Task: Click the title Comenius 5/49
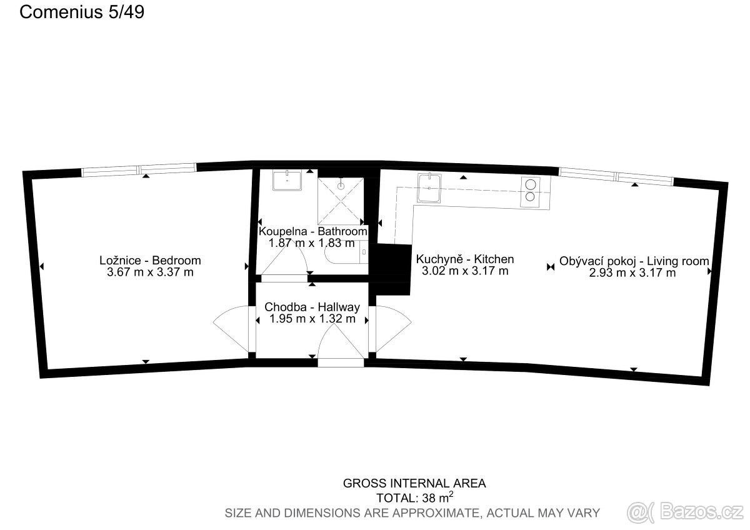pyautogui.click(x=82, y=12)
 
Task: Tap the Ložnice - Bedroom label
pyautogui.click(x=151, y=260)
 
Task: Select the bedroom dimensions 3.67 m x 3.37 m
pyautogui.click(x=151, y=272)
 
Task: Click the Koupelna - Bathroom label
pyautogui.click(x=312, y=231)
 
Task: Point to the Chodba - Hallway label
pyautogui.click(x=312, y=307)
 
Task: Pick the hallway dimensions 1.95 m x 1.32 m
pyautogui.click(x=312, y=319)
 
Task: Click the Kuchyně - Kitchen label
pyautogui.click(x=465, y=259)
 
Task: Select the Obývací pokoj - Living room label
pyautogui.click(x=634, y=261)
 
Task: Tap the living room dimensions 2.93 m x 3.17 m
pyautogui.click(x=632, y=273)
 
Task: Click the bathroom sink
pyautogui.click(x=287, y=180)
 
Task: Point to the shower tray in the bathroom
pyautogui.click(x=341, y=201)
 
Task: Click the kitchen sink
pyautogui.click(x=429, y=188)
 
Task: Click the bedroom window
pyautogui.click(x=139, y=169)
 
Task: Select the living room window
pyautogui.click(x=616, y=176)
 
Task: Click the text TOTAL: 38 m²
pyautogui.click(x=415, y=497)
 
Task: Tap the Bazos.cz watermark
pyautogui.click(x=685, y=512)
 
